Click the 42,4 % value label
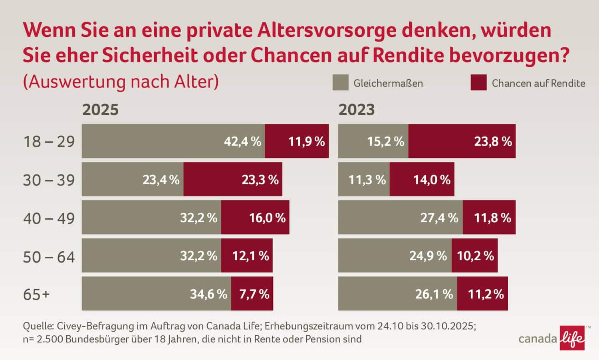point(242,141)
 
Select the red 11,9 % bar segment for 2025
point(297,141)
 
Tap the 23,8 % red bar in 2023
point(462,141)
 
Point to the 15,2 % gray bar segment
point(373,141)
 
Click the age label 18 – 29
point(49,142)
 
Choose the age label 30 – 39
point(49,180)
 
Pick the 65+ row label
point(36,295)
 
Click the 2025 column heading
point(100,110)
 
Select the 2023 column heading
point(357,110)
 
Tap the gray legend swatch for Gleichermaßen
point(340,83)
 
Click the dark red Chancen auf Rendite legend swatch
point(478,83)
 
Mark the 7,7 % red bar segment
point(252,294)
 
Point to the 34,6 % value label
point(208,295)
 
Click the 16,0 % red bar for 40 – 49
point(255,218)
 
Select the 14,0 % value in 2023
point(432,180)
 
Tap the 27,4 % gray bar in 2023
point(400,218)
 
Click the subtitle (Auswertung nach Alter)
point(121,82)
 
